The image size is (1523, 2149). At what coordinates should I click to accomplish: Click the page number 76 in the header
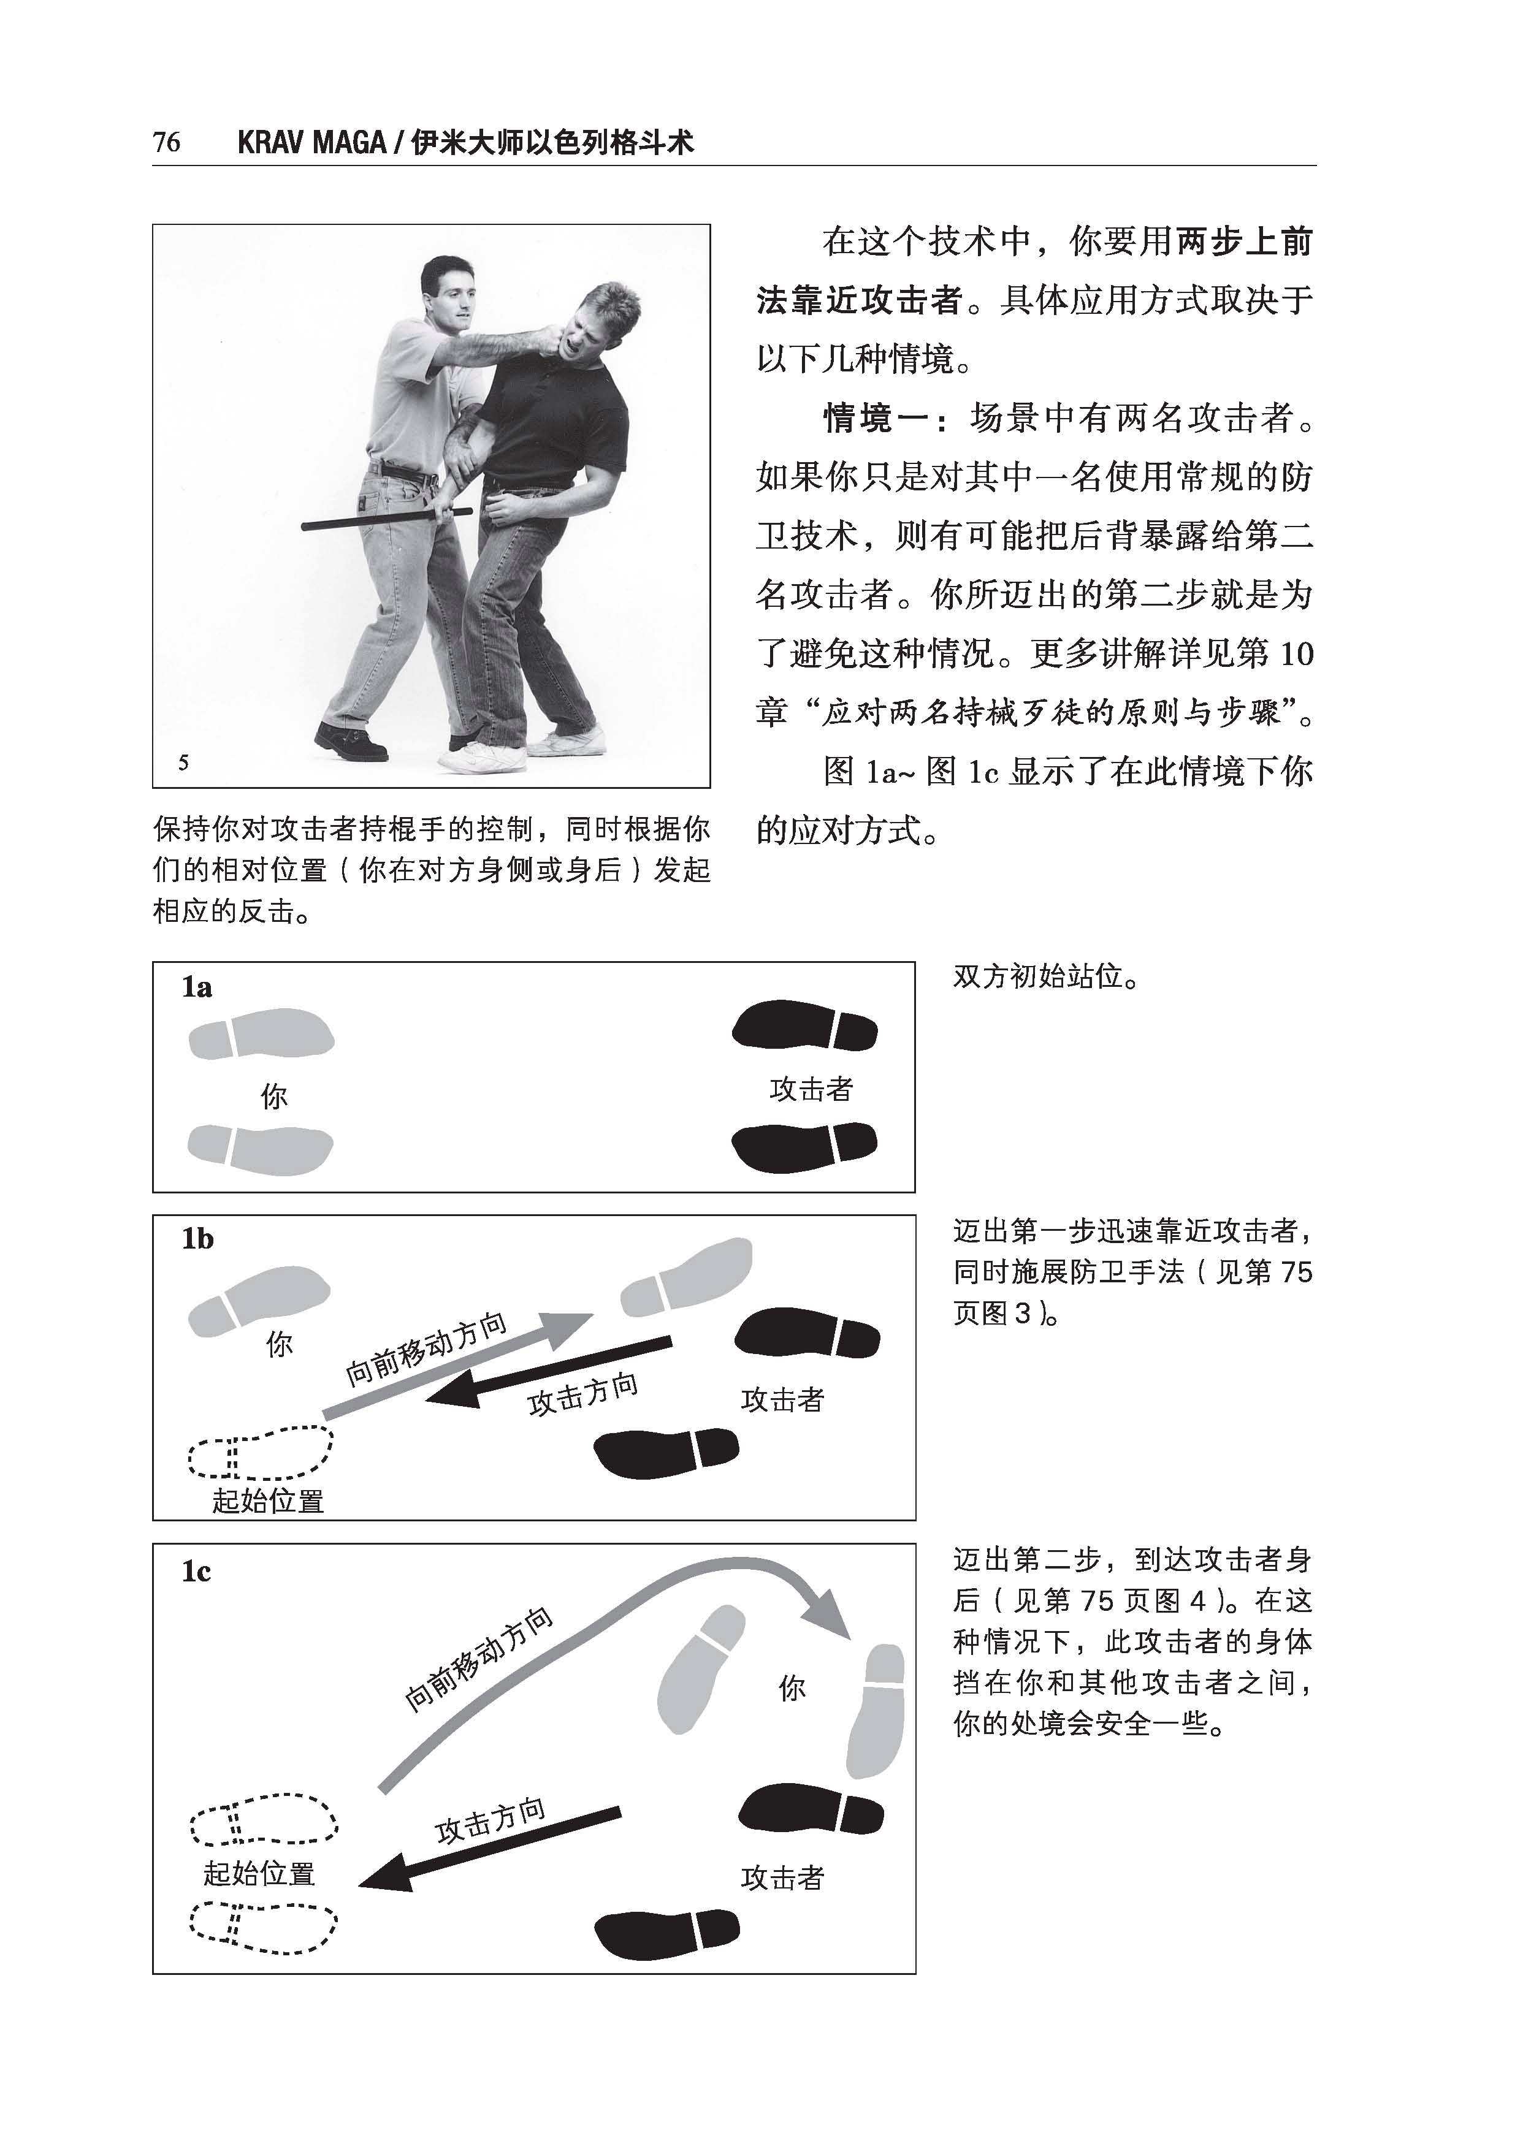pyautogui.click(x=166, y=143)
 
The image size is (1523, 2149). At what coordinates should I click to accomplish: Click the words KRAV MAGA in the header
pyautogui.click(x=311, y=143)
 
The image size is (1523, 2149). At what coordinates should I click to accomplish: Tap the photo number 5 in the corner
pyautogui.click(x=184, y=763)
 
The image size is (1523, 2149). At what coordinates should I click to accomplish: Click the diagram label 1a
pyautogui.click(x=197, y=987)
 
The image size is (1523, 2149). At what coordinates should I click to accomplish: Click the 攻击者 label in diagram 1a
pyautogui.click(x=811, y=1089)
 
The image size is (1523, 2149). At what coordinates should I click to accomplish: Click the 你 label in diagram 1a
pyautogui.click(x=274, y=1096)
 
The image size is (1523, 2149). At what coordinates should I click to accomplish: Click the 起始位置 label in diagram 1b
pyautogui.click(x=268, y=1501)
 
